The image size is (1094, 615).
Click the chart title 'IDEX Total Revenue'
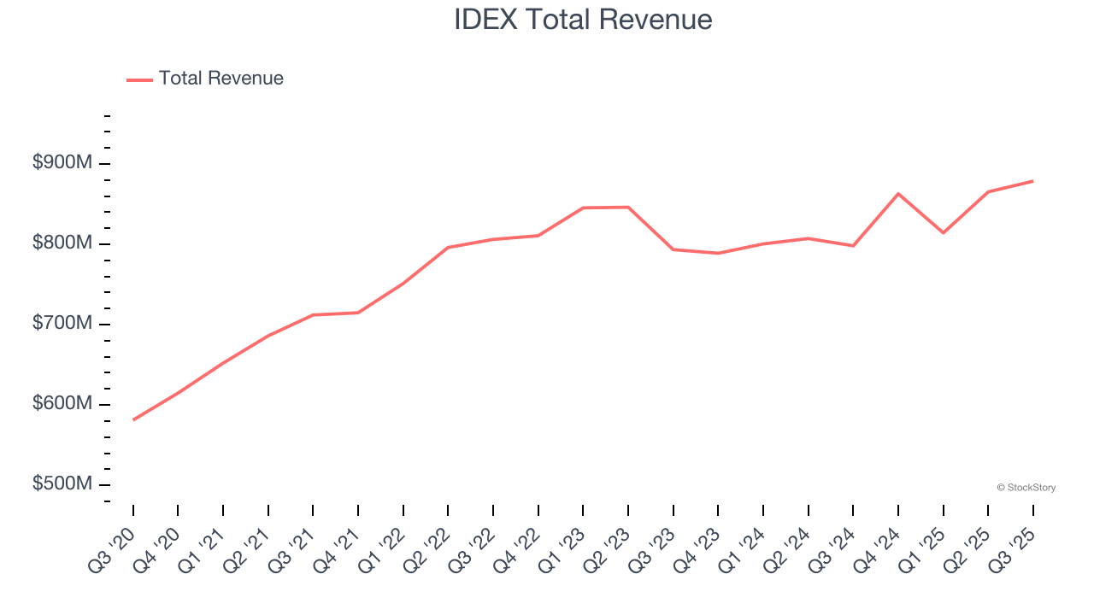click(x=583, y=20)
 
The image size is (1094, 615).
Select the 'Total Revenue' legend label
click(x=221, y=79)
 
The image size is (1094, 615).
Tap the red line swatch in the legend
click(x=139, y=79)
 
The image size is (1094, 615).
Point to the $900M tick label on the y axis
click(x=62, y=163)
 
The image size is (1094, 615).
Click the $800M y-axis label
click(x=62, y=243)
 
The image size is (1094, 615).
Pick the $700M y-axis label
click(x=62, y=324)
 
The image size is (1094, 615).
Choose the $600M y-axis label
click(x=62, y=404)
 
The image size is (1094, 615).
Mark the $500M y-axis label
click(x=62, y=484)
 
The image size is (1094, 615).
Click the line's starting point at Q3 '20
click(x=133, y=420)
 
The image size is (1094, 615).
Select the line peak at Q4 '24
click(x=898, y=194)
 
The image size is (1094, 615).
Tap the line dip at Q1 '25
click(x=944, y=233)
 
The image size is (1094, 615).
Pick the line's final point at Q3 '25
click(x=1033, y=181)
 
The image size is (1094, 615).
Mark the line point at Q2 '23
click(x=628, y=207)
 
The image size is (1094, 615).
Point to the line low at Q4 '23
click(x=718, y=253)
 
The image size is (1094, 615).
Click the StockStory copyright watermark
click(x=1026, y=488)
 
